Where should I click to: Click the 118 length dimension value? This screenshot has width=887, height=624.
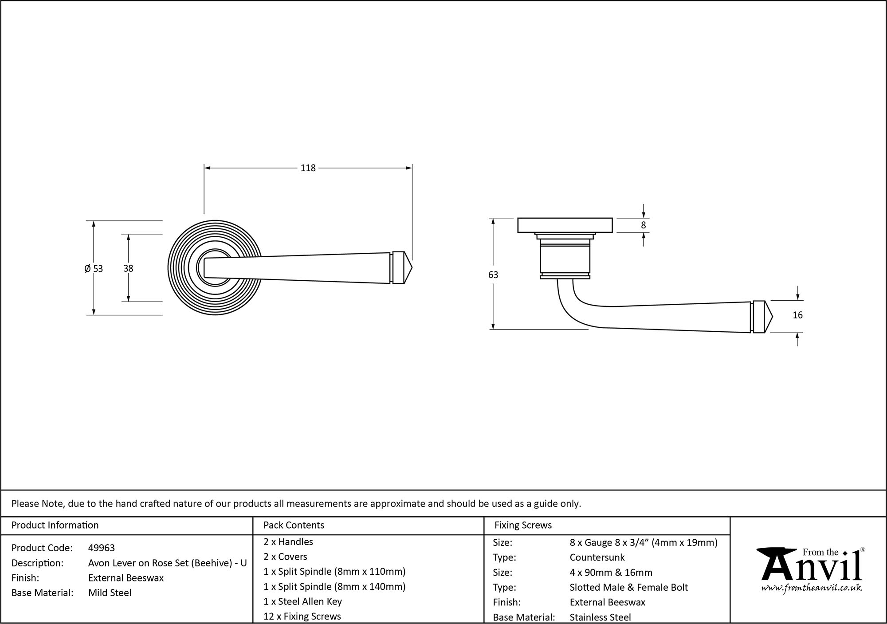(x=308, y=168)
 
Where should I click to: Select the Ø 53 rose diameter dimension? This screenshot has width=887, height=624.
(x=94, y=268)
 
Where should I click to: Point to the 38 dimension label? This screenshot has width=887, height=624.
(x=128, y=268)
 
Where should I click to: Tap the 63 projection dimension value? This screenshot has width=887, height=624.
(x=493, y=275)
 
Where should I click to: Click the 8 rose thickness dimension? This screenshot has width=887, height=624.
(x=644, y=225)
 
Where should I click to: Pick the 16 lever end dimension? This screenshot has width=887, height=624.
(x=797, y=315)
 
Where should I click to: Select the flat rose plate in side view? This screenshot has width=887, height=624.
(x=565, y=225)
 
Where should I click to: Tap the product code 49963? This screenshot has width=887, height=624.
(x=102, y=548)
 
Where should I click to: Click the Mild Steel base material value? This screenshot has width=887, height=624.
(x=110, y=593)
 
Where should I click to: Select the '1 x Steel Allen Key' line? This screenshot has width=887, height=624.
(x=302, y=602)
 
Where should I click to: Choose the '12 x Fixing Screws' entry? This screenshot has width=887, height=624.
(x=302, y=616)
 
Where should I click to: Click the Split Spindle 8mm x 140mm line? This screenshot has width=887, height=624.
(x=334, y=587)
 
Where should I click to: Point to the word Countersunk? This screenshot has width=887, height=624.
(x=597, y=557)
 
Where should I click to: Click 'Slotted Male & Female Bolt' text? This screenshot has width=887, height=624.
(x=628, y=588)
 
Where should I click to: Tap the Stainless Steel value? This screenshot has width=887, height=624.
(x=600, y=617)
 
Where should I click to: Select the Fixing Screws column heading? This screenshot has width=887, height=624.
(x=523, y=526)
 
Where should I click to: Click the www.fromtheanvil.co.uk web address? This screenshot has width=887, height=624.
(x=812, y=589)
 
